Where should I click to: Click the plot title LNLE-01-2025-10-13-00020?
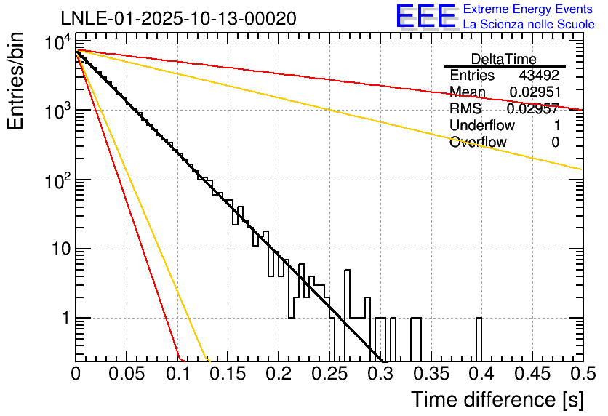click(178, 19)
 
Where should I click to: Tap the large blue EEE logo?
click(425, 17)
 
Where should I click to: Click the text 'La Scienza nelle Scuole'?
click(529, 24)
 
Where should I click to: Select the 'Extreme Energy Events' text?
click(529, 9)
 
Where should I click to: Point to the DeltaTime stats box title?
click(504, 59)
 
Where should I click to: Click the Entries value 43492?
click(539, 76)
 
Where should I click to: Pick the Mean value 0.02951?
click(534, 92)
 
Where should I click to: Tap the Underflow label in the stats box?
click(480, 126)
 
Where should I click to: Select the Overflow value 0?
click(555, 143)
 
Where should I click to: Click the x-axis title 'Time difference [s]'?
click(496, 399)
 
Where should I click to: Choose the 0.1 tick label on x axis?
click(177, 374)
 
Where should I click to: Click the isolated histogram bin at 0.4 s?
click(479, 339)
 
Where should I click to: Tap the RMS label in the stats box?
click(465, 109)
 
